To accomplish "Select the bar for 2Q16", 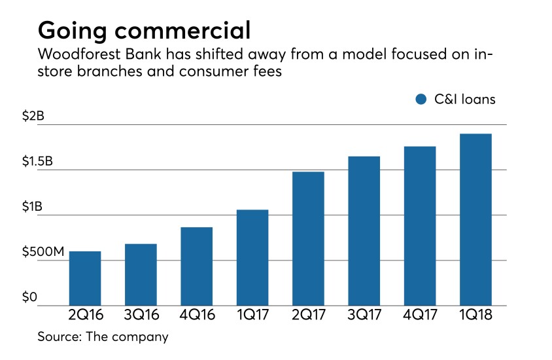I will [85, 278].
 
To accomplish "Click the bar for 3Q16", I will [141, 275].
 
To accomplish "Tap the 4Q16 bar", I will [196, 266].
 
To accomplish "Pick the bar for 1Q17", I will [252, 258].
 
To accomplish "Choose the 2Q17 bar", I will [308, 239].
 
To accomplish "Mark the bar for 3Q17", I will [364, 231].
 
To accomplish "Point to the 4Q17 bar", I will [420, 226].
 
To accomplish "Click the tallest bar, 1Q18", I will [475, 220].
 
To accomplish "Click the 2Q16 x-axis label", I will [85, 315].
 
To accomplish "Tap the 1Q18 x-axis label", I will [475, 315].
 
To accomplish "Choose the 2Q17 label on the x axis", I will [308, 315].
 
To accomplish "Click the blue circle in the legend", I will [421, 100].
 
